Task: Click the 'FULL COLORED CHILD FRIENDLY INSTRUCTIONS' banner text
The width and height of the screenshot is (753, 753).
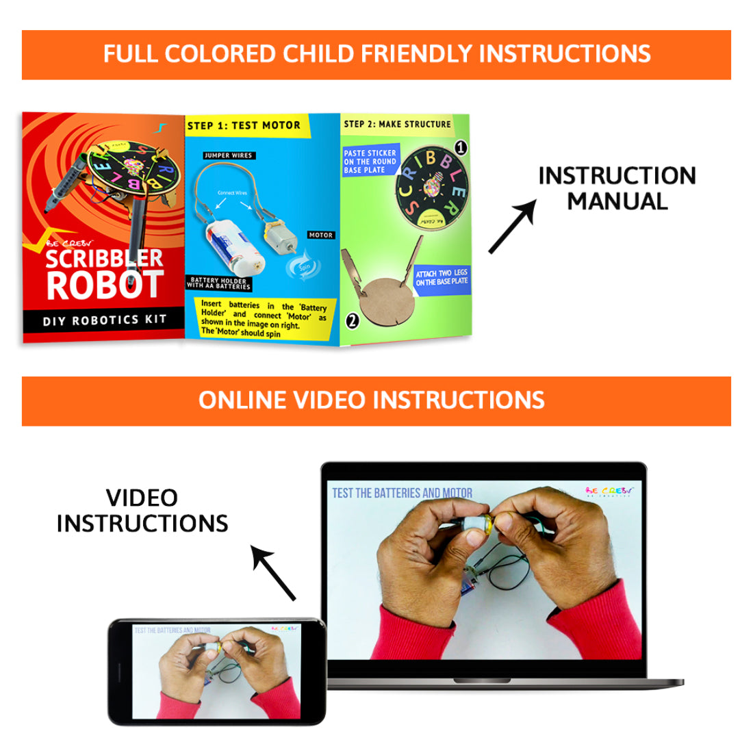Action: (x=376, y=54)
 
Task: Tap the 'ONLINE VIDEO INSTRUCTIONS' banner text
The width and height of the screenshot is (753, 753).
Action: (x=372, y=400)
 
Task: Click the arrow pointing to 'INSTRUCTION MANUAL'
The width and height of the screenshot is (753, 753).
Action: (x=512, y=227)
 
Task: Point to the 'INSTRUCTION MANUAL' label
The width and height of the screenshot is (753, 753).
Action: (x=617, y=188)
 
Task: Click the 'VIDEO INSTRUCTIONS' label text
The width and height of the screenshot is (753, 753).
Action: (x=142, y=511)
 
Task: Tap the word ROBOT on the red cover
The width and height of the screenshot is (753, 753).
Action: (x=105, y=285)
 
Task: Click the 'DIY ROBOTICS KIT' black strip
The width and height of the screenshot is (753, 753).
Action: (x=104, y=320)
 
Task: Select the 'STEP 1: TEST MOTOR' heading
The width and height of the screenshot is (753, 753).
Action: (x=244, y=125)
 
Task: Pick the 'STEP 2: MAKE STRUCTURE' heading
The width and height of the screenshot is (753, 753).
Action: (x=397, y=124)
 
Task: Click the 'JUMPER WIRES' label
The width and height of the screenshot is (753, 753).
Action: (x=228, y=155)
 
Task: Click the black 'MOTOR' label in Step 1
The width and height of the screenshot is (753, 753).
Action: (x=320, y=235)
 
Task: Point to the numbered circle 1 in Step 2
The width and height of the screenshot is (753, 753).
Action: (x=461, y=147)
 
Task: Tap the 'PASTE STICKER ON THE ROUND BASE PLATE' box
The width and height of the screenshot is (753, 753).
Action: (x=370, y=162)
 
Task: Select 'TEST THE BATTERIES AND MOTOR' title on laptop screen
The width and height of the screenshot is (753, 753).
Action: (x=402, y=493)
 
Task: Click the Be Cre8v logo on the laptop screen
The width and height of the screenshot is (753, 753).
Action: (x=609, y=492)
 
